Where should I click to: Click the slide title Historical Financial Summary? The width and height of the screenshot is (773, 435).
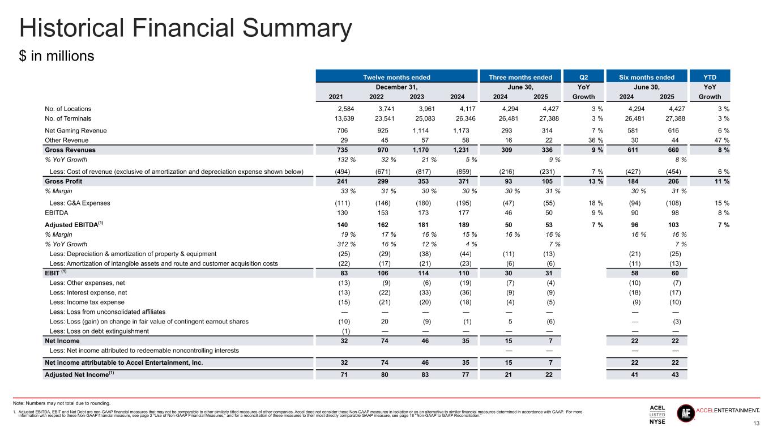click(186, 29)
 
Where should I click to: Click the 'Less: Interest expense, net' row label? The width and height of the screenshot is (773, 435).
click(88, 293)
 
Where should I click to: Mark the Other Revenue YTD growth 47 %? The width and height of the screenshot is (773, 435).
click(720, 140)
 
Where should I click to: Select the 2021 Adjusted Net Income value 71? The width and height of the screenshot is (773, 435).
click(344, 375)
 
